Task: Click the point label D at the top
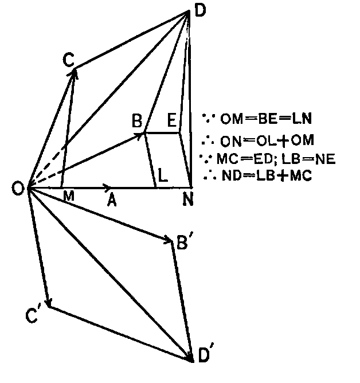point(200,10)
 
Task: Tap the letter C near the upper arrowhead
point(68,60)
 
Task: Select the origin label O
point(18,189)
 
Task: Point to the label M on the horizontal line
point(69,196)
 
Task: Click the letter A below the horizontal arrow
point(112,201)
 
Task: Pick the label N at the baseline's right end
point(188,199)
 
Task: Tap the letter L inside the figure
point(163,175)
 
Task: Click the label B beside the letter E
point(137,120)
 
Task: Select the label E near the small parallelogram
point(172,120)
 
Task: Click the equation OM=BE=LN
point(266,119)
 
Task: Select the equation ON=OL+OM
point(267,140)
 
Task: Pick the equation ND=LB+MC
point(267,175)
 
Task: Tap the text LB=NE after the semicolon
point(308,159)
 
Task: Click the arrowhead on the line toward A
point(107,187)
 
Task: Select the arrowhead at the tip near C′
point(49,302)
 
